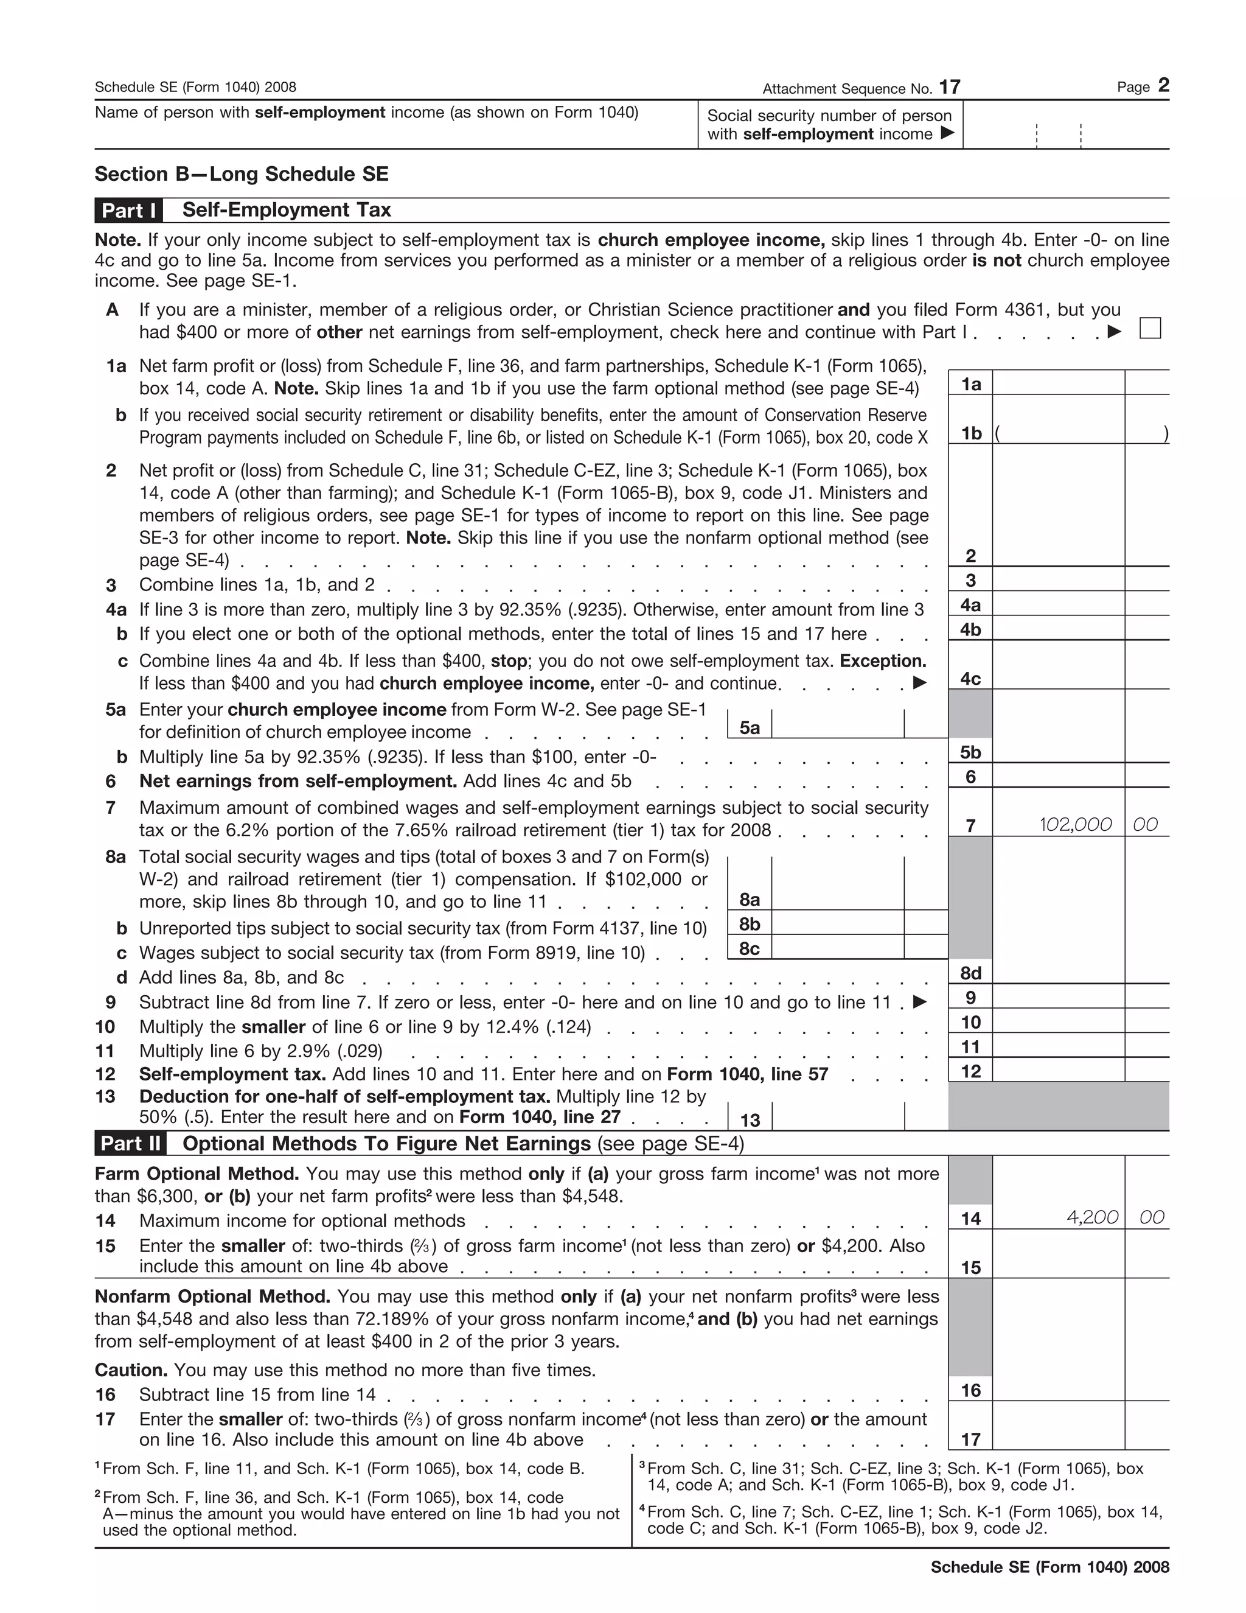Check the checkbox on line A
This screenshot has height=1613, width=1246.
(x=1149, y=328)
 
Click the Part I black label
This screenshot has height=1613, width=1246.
(x=128, y=211)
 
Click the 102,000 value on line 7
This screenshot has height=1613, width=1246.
(x=1075, y=824)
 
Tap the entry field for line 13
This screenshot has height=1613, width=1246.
(x=837, y=1118)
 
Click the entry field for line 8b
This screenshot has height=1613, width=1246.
(x=837, y=923)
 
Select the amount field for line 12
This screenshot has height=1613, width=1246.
(x=1058, y=1070)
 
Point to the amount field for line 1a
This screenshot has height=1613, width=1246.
(x=1058, y=383)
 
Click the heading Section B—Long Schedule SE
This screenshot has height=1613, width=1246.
(x=242, y=174)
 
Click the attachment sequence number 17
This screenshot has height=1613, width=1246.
(x=949, y=87)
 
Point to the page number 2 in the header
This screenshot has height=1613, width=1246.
(x=1163, y=86)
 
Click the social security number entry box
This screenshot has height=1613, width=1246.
(x=1065, y=125)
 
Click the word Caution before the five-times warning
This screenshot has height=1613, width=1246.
(x=131, y=1370)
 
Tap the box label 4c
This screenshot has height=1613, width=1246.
(x=970, y=679)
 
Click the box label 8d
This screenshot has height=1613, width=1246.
(x=970, y=973)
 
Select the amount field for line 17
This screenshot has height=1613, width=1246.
(x=1058, y=1436)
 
